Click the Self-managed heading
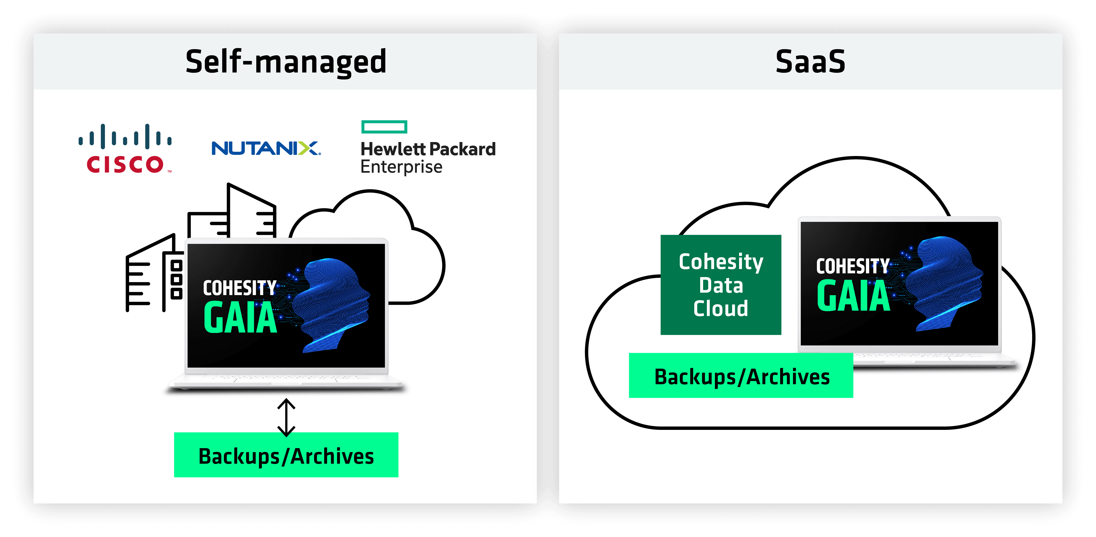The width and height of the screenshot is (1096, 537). [x=286, y=62]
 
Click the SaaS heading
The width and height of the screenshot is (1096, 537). [x=810, y=62]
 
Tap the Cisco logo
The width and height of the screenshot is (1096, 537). [x=125, y=149]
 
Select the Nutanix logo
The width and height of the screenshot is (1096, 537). [x=266, y=148]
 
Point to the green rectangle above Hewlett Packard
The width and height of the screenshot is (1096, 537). [x=384, y=126]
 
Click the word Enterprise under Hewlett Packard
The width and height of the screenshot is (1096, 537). [x=401, y=167]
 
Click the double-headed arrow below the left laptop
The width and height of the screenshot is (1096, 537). [x=286, y=417]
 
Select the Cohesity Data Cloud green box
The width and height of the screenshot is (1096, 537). [x=721, y=285]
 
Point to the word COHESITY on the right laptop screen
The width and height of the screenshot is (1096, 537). [x=853, y=266]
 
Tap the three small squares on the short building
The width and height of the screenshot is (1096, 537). [x=176, y=280]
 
